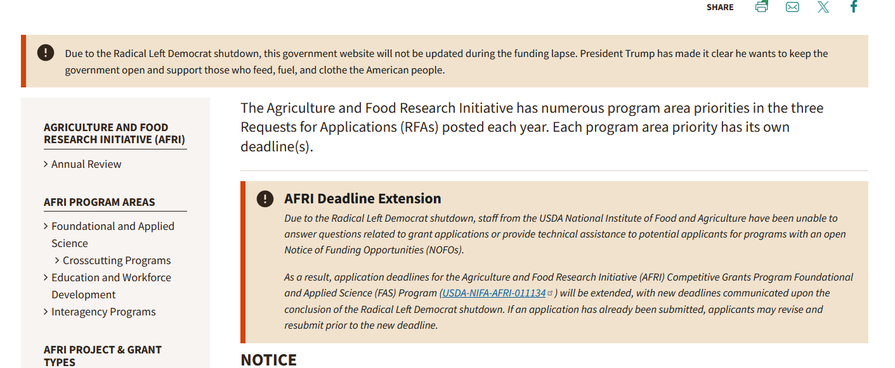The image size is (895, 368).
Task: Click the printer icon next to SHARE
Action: [x=762, y=6]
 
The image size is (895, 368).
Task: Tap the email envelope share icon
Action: [x=792, y=7]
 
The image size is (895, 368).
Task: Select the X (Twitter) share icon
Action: [x=823, y=7]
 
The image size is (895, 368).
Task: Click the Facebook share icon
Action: [x=854, y=6]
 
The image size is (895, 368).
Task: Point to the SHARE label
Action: [x=720, y=7]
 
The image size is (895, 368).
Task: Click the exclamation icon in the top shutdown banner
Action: [x=46, y=53]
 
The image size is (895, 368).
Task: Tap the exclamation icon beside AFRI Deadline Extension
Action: [x=265, y=198]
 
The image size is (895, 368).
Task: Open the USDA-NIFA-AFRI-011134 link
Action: [x=494, y=293]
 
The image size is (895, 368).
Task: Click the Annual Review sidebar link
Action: [x=86, y=164]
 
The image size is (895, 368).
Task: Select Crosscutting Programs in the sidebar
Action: [x=117, y=260]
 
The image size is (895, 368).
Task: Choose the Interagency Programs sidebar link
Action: [x=103, y=312]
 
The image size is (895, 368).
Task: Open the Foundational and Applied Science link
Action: [x=113, y=235]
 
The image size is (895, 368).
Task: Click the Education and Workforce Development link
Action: [x=111, y=286]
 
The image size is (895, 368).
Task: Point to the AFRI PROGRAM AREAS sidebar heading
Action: [x=99, y=202]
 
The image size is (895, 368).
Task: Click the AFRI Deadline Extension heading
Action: [x=362, y=198]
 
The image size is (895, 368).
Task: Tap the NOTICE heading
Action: [x=268, y=360]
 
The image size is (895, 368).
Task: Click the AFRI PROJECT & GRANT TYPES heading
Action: [x=102, y=356]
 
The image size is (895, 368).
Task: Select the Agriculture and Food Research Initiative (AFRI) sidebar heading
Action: [x=114, y=133]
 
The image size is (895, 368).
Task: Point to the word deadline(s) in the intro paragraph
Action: [x=277, y=146]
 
